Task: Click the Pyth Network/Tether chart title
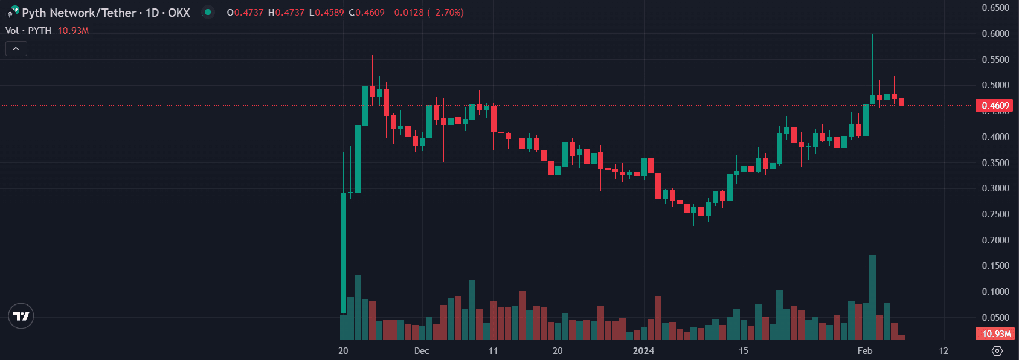pos(106,13)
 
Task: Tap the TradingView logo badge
pos(21,316)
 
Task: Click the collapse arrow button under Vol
pos(16,48)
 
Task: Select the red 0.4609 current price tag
pos(995,106)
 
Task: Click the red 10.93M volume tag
pos(995,334)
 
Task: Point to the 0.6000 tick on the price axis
pos(995,34)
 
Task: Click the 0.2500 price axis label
pos(995,214)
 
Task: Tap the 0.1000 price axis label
pos(995,292)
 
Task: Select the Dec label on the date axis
pos(422,351)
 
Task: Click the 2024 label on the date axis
pos(643,351)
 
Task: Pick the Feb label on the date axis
pos(865,351)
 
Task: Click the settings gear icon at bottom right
pos(997,351)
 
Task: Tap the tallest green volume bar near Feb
pos(872,297)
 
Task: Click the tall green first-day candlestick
pos(344,252)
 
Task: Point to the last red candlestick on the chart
pos(901,102)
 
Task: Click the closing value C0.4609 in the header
pos(367,13)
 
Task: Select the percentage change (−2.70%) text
pos(445,13)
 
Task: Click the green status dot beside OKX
pos(208,12)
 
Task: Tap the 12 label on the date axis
pos(943,351)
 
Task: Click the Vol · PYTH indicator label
pos(28,31)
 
